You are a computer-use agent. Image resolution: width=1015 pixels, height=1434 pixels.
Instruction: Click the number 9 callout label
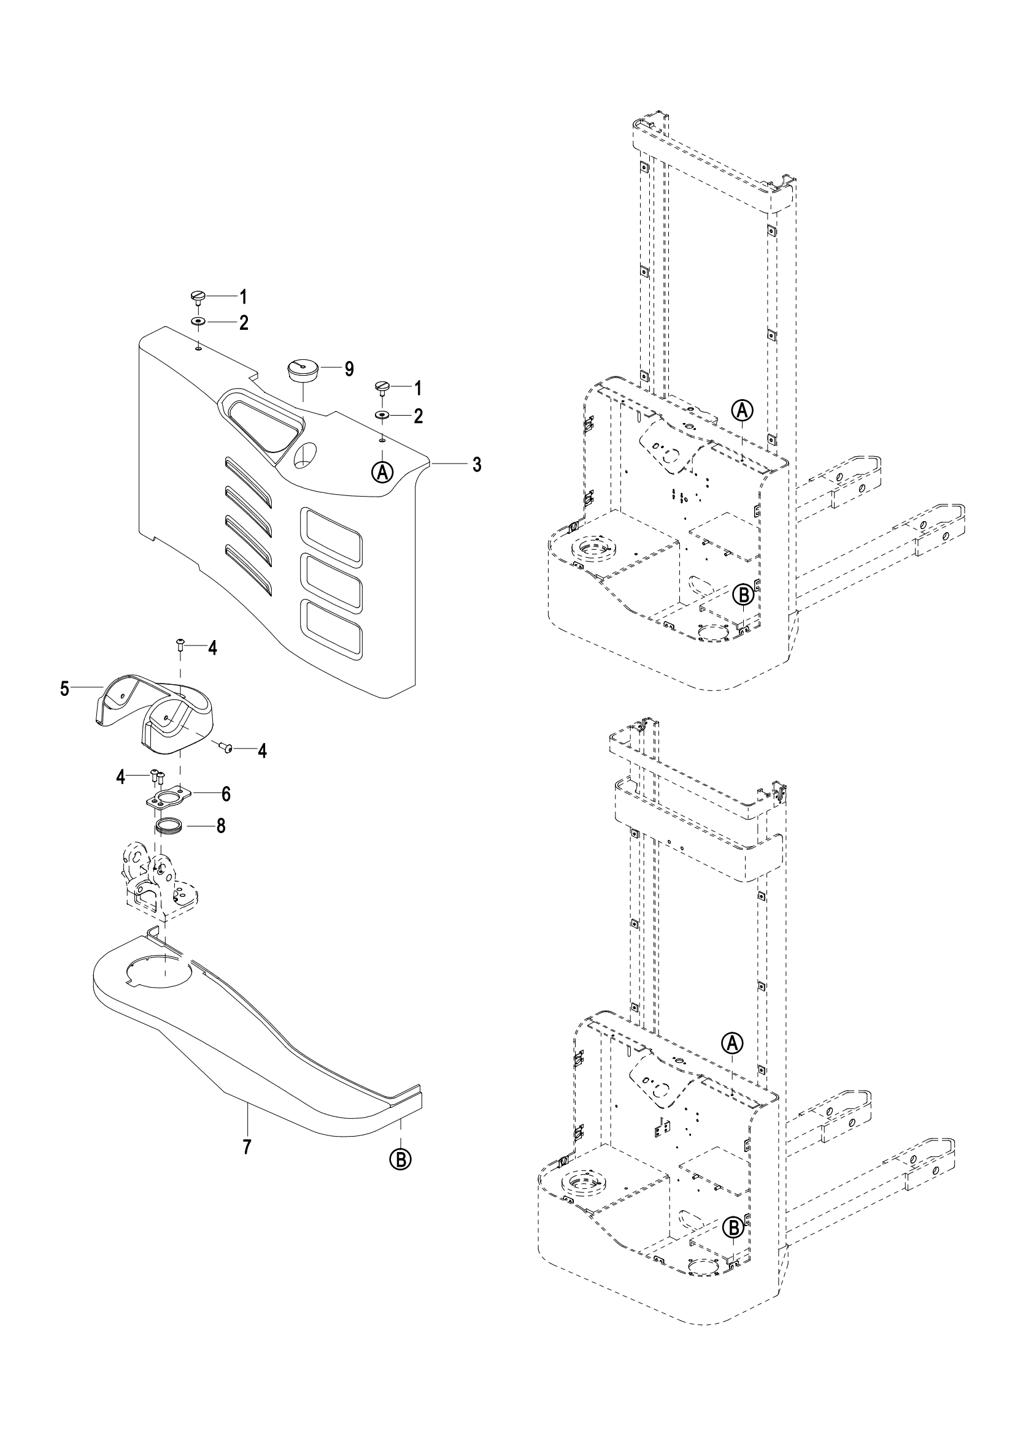pos(348,369)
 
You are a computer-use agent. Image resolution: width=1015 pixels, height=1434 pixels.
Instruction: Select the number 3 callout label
pos(477,464)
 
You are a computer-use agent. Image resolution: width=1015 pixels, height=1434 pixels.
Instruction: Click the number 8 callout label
pos(221,826)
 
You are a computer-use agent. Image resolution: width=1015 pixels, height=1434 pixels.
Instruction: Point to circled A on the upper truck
pos(742,410)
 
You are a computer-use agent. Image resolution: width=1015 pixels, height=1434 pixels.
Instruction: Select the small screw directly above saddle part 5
pos(180,644)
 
